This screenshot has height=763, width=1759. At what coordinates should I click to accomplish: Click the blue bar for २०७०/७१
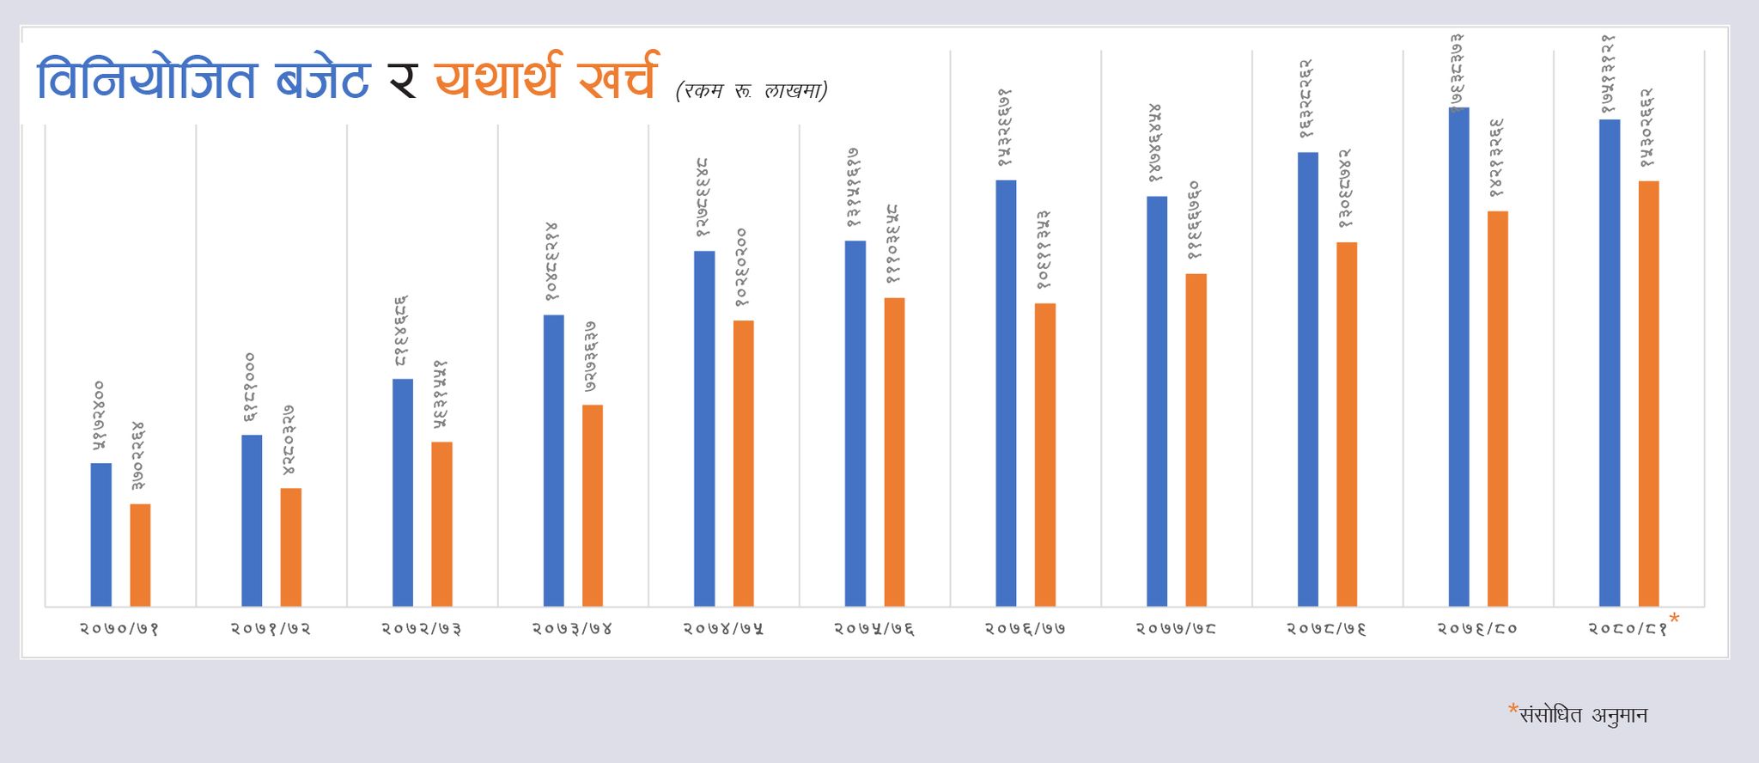(101, 534)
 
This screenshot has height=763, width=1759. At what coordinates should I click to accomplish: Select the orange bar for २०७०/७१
(140, 555)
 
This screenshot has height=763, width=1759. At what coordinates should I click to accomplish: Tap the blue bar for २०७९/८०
(1458, 357)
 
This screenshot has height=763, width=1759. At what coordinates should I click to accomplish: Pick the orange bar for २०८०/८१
(1648, 394)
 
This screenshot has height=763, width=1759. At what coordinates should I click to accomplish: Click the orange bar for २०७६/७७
(1044, 455)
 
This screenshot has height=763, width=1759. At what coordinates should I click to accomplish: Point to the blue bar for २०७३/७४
(554, 461)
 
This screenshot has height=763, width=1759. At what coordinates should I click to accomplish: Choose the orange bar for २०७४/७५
(743, 463)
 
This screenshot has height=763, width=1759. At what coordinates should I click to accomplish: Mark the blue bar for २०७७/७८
(1157, 401)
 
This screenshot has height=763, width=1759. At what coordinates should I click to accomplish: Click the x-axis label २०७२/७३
(422, 629)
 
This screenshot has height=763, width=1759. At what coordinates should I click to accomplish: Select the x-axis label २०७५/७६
(874, 629)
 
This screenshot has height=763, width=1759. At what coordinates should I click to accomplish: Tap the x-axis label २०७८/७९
(1326, 629)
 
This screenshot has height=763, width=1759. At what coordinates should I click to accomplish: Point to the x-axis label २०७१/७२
(271, 629)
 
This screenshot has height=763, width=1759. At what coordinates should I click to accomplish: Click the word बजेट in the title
(323, 79)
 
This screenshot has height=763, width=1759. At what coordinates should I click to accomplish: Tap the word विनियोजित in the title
(147, 79)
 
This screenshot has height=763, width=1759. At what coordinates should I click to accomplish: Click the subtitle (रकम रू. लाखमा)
(752, 90)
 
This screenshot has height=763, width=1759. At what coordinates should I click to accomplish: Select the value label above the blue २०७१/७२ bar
(250, 387)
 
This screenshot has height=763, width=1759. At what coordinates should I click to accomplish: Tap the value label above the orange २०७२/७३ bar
(441, 394)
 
